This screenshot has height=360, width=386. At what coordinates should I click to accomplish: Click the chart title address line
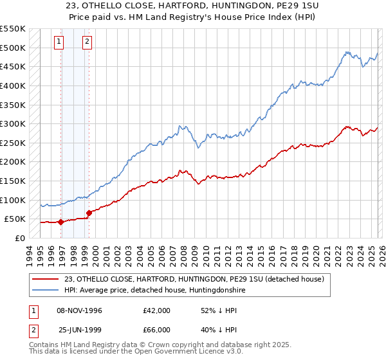[193, 7]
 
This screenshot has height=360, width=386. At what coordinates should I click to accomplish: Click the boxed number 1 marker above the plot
[59, 42]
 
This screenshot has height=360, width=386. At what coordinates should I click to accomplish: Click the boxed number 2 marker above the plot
[86, 42]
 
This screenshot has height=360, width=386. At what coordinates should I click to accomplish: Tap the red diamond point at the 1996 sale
[60, 222]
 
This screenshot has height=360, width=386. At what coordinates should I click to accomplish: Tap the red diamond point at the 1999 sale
[89, 213]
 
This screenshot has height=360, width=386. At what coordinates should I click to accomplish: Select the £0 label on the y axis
[19, 238]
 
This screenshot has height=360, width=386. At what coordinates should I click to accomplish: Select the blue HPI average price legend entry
[154, 291]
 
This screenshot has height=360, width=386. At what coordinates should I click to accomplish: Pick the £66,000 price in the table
[157, 330]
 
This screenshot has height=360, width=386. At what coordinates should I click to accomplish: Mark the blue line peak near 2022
[346, 52]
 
